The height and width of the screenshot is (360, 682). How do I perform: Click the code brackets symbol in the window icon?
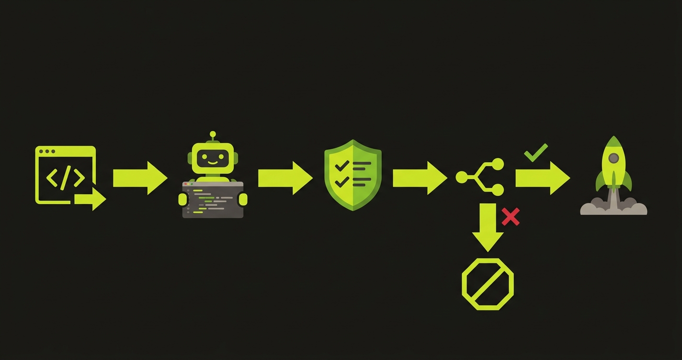coord(66,178)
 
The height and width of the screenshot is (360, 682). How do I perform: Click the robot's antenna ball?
coord(213,135)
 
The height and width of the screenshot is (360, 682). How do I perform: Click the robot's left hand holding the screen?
coord(183,199)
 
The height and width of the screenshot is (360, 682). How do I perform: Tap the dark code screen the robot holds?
coord(213,200)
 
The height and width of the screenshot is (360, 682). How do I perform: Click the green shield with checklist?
coord(353,175)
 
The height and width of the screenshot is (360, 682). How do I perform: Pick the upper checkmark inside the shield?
coord(341,166)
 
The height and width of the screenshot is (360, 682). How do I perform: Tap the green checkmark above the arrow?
coord(536,153)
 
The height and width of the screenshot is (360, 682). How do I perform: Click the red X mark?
coord(511,217)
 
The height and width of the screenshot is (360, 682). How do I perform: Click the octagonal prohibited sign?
coord(488,284)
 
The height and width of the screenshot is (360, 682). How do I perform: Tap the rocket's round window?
coord(614,158)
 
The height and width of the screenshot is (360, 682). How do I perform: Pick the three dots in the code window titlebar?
coord(47,151)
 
